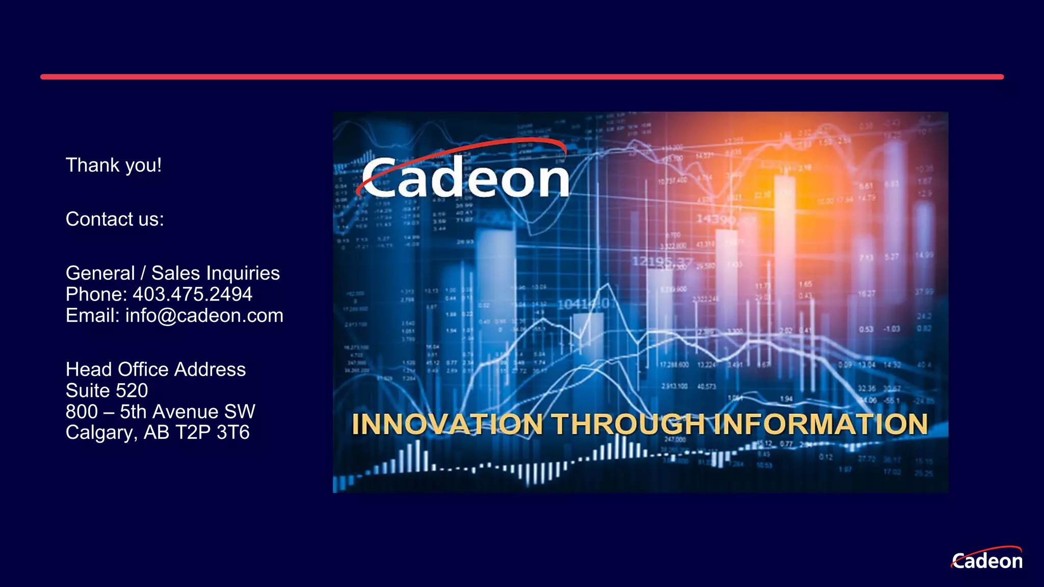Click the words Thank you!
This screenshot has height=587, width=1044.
coord(114,166)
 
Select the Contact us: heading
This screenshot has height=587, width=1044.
coord(115,219)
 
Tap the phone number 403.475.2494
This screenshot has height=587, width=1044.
coord(192,294)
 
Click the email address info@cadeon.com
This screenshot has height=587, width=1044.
coord(204,315)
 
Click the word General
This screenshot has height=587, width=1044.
coord(100,273)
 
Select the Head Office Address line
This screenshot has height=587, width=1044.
coord(155,369)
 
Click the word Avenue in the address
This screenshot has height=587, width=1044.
coord(186,412)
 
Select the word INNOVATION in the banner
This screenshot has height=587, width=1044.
coord(447,424)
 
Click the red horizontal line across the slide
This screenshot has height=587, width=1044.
coord(522,77)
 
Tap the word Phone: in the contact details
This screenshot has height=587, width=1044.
coord(96,294)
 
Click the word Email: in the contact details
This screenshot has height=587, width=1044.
coord(93,315)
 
